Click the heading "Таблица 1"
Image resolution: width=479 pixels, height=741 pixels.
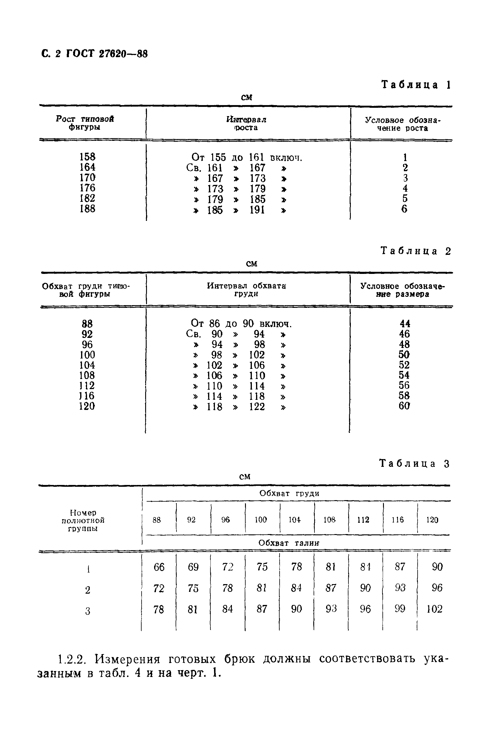(x=416, y=85)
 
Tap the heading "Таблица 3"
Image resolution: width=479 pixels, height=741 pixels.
(x=414, y=464)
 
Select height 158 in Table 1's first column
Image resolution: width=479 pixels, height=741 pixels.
(x=87, y=157)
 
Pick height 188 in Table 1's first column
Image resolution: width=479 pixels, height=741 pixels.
(x=87, y=208)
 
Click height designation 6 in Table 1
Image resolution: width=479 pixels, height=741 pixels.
(x=404, y=209)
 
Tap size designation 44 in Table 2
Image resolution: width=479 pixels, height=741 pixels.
(x=405, y=324)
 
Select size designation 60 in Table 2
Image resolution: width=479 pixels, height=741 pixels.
(x=404, y=406)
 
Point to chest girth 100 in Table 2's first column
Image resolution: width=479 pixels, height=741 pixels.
(x=87, y=355)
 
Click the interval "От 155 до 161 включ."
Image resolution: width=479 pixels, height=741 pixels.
(x=247, y=158)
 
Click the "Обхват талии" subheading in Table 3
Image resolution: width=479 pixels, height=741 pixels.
(x=289, y=543)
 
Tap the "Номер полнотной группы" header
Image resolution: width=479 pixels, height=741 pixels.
(x=83, y=520)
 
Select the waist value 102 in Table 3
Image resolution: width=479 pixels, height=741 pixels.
(x=434, y=609)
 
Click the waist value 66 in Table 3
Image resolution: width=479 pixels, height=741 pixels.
(x=159, y=567)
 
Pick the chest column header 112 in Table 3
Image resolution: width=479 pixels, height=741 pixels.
(x=363, y=520)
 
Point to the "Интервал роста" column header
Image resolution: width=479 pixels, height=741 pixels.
(x=246, y=124)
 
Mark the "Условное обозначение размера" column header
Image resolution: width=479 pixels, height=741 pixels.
(x=402, y=290)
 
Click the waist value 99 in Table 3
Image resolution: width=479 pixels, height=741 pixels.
(x=400, y=609)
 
